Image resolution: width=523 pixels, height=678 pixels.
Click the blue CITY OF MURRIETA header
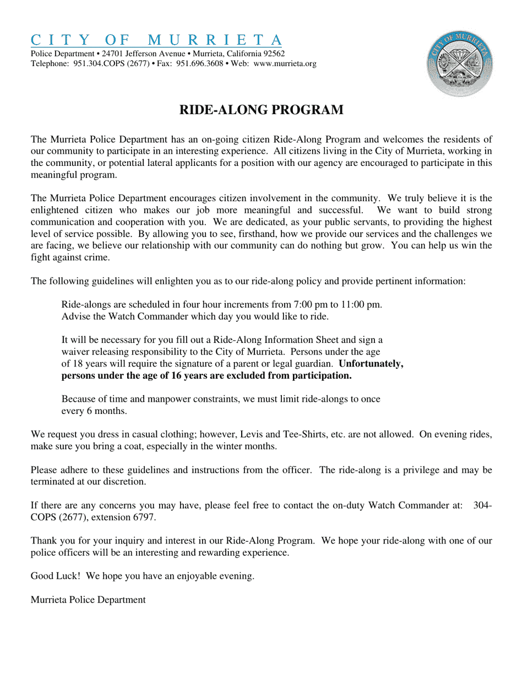pyautogui.click(x=156, y=40)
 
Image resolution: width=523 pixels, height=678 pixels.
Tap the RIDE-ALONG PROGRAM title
pyautogui.click(x=261, y=110)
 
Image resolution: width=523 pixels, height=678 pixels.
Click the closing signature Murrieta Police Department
pyautogui.click(x=88, y=600)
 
